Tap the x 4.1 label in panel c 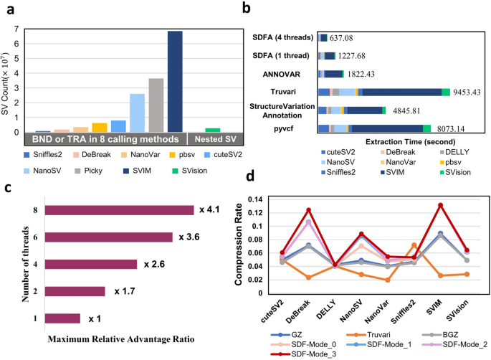click(x=210, y=210)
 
